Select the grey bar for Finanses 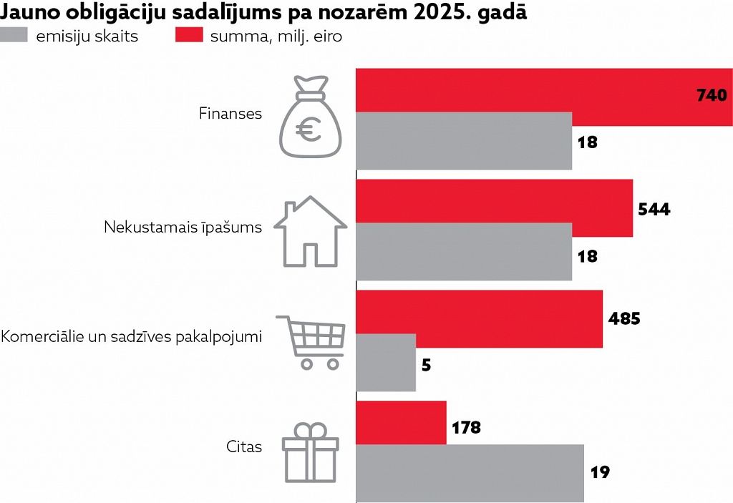pos(464,141)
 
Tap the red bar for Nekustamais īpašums pos(494,207)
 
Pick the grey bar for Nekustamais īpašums pos(464,251)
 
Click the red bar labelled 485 pos(479,318)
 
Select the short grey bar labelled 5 pos(386,363)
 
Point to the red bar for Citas pos(401,423)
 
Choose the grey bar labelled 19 pos(470,473)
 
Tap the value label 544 pos(654,210)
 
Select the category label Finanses pos(230,114)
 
